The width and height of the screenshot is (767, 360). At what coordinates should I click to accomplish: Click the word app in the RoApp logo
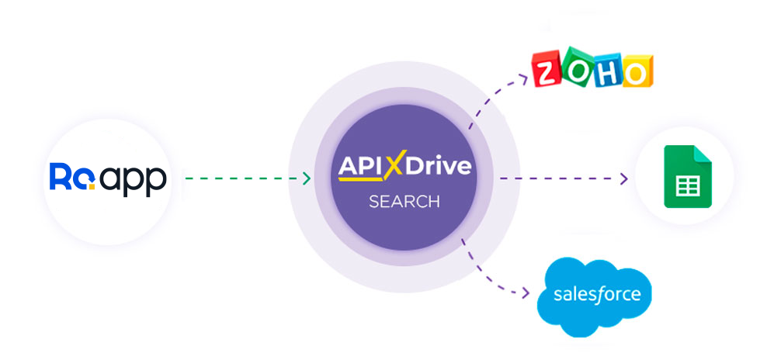[x=133, y=180]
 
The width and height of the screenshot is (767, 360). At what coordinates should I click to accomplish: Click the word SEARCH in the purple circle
[x=404, y=202]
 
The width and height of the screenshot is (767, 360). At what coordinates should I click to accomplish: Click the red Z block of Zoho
[x=549, y=71]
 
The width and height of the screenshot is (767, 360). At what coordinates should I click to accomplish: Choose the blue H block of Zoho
[x=606, y=69]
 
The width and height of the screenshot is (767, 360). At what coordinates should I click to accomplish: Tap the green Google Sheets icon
[x=687, y=176]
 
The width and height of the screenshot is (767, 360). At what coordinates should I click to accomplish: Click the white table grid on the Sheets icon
[x=687, y=186]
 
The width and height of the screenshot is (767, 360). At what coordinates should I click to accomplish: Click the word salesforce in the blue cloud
[x=597, y=295]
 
